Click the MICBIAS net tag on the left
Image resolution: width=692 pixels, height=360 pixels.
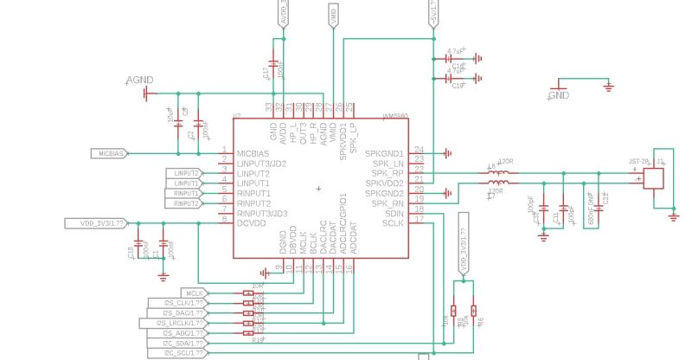(110, 153)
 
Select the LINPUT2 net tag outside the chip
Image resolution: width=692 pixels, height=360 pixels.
(185, 173)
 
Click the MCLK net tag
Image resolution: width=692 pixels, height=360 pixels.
(195, 293)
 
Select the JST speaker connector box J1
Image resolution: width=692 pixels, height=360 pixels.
(653, 177)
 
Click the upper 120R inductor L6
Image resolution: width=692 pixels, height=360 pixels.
(498, 173)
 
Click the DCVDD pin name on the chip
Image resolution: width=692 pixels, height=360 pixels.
(253, 223)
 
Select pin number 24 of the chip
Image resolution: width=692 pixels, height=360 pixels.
(419, 149)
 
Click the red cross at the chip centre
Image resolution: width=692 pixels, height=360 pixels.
(319, 188)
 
